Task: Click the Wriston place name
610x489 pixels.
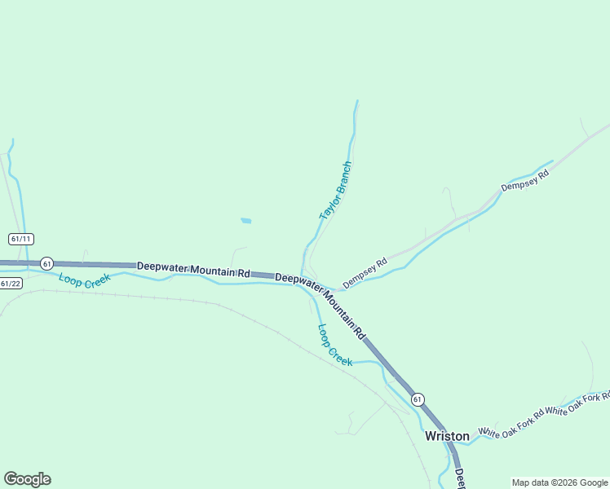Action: (447, 436)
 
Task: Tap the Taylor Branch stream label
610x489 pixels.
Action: (335, 191)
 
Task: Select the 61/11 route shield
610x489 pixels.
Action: (21, 239)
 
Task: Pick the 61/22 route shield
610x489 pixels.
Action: (11, 284)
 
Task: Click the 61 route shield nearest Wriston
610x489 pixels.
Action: (418, 399)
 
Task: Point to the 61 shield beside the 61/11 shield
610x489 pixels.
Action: (46, 263)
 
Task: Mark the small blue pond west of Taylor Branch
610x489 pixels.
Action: (245, 220)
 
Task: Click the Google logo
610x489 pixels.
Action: (27, 479)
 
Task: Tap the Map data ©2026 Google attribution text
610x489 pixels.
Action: (560, 482)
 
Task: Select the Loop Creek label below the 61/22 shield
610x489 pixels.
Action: (84, 280)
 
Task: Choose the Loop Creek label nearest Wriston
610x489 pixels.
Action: (334, 345)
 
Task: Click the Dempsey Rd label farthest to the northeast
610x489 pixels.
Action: (525, 180)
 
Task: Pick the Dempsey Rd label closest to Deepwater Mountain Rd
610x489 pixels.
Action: (365, 274)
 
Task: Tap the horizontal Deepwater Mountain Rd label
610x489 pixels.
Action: (193, 269)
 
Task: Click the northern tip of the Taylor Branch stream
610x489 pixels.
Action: (357, 101)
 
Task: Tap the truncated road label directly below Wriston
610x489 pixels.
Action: (459, 478)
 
